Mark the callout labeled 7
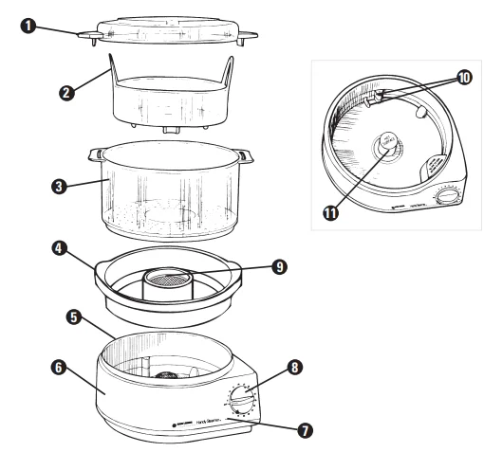[x=305, y=430]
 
